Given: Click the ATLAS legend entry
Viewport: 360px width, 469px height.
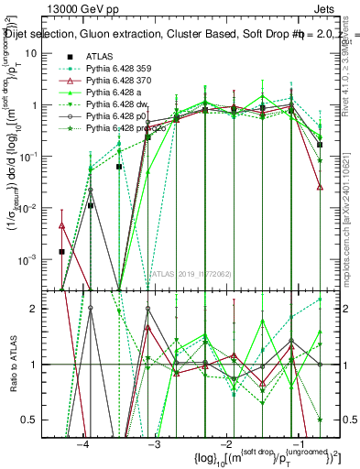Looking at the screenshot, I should click(x=100, y=56).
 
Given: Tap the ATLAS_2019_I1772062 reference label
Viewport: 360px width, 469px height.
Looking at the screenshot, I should click(x=191, y=274).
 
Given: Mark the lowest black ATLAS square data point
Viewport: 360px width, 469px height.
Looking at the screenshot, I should click(x=61, y=251).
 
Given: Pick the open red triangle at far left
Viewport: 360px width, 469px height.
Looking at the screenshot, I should click(x=61, y=224).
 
